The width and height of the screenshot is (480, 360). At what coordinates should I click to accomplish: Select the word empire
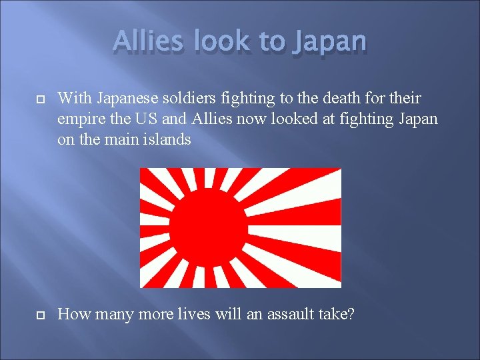81,119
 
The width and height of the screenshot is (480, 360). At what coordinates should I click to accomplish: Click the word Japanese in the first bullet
125,99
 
